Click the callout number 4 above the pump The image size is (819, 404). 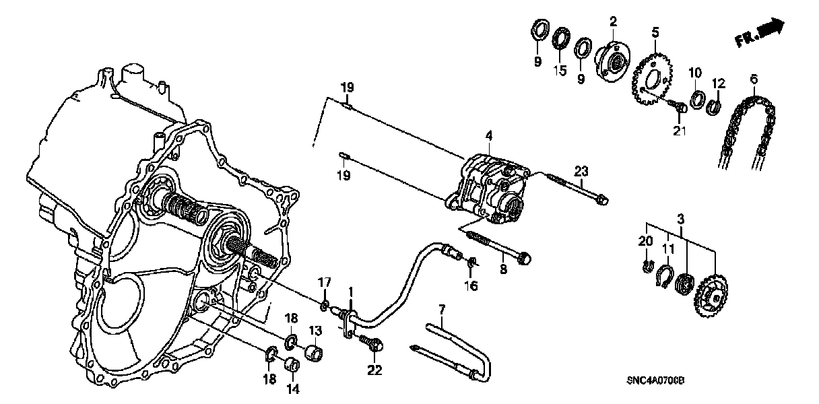tap(489, 137)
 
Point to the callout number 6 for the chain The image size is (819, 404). tap(753, 79)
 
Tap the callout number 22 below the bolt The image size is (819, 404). tap(375, 370)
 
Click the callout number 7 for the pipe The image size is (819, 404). tap(442, 309)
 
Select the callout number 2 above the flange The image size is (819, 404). tap(613, 22)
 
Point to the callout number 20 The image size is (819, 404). tap(646, 241)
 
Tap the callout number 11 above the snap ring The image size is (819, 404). tap(667, 249)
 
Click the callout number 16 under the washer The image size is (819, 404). tap(471, 286)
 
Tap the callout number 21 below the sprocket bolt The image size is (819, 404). tap(680, 130)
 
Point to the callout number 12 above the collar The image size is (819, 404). tap(719, 83)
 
